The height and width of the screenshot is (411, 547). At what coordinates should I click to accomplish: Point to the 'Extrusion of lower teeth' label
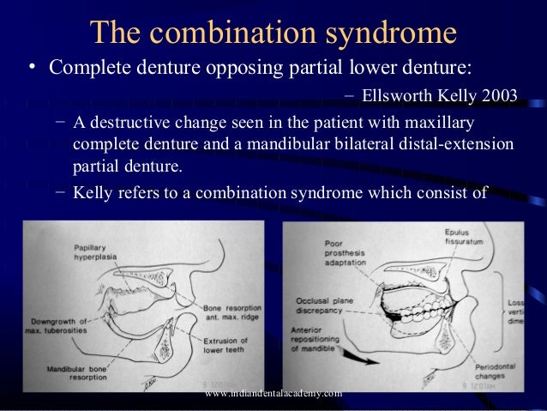click(225, 346)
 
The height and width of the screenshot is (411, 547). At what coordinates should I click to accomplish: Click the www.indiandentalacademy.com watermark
click(274, 393)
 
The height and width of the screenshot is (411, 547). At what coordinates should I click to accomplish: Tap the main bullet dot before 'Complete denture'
click(30, 68)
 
